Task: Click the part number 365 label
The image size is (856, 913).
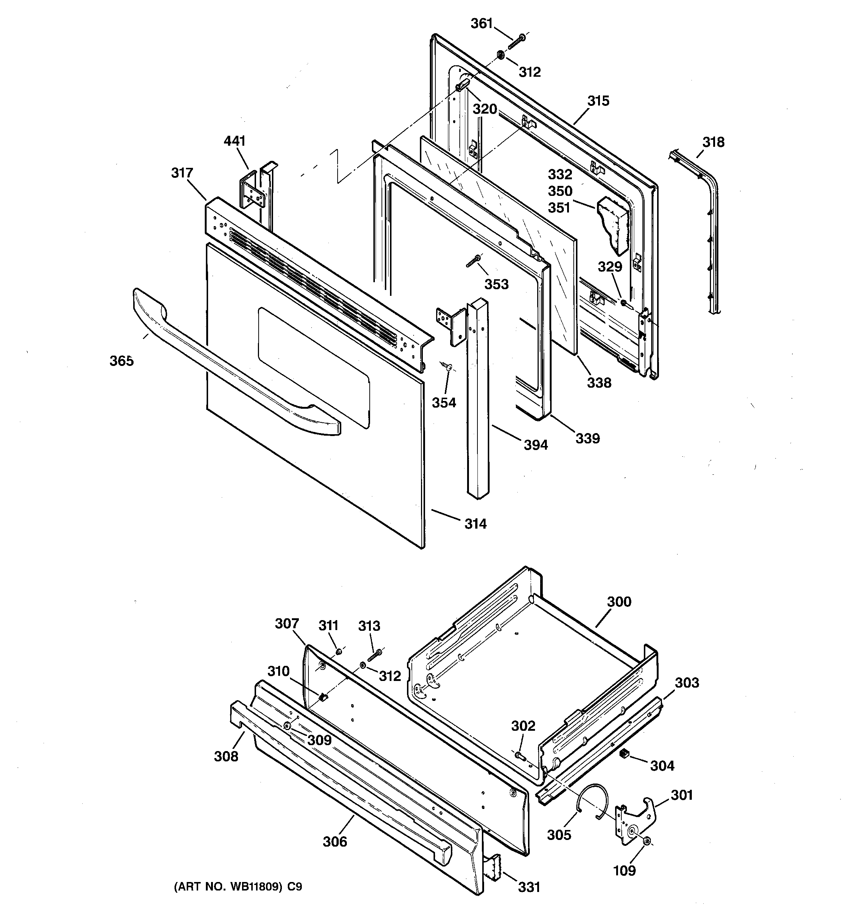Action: click(x=121, y=362)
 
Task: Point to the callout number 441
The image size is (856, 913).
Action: click(x=234, y=141)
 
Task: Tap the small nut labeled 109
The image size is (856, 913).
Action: click(x=646, y=841)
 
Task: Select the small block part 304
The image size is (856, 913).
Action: click(x=624, y=753)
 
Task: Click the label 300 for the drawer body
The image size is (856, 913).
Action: click(x=619, y=602)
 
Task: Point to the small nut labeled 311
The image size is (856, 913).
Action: click(x=339, y=651)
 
